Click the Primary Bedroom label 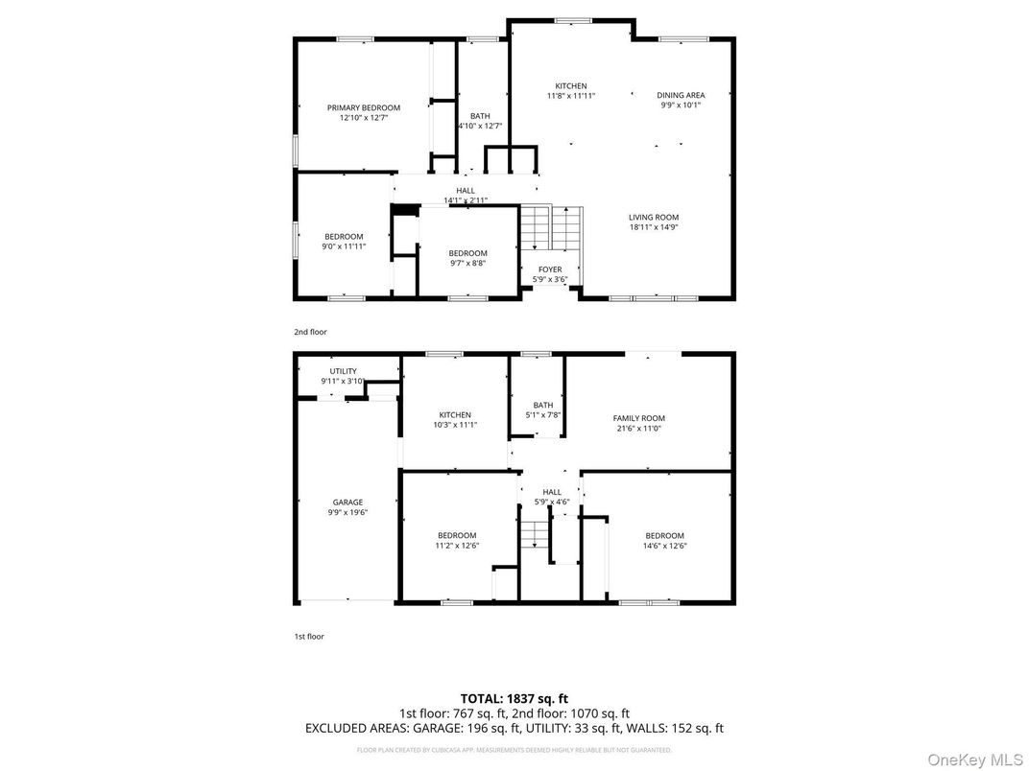363,107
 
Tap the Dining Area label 681,95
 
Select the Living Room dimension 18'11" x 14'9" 654,228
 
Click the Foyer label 550,269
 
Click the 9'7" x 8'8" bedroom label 467,253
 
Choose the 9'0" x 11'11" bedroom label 344,237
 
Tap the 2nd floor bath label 479,116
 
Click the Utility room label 343,371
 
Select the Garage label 347,502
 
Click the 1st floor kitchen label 455,415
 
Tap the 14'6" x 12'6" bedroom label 664,535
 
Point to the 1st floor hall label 551,492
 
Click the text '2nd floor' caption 310,332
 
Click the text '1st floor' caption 309,636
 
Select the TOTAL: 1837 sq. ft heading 514,698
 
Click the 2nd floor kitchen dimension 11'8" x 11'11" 571,96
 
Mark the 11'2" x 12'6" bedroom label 457,535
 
